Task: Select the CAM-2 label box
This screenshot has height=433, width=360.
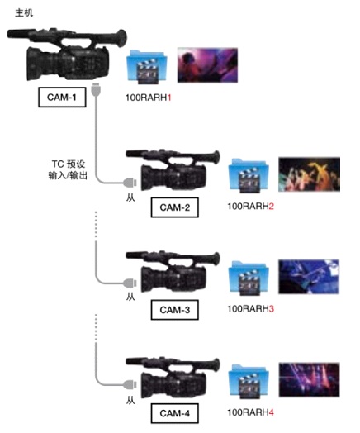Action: pos(175,207)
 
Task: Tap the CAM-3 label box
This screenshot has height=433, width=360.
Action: pos(175,310)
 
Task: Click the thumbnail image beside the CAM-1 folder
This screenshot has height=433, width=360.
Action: pos(207,64)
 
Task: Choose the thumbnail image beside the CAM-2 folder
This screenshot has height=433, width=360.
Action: pos(310,175)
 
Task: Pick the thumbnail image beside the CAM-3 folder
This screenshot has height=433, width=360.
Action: pos(310,277)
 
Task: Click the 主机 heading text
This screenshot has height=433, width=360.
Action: pos(13,14)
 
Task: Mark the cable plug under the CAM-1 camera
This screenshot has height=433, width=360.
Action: pos(97,88)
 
